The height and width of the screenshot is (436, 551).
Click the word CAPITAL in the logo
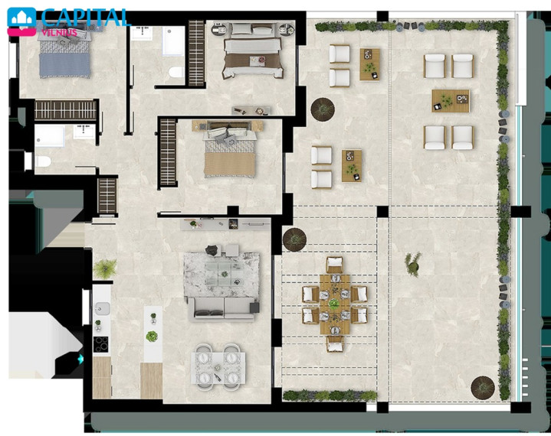pyautogui.click(x=86, y=18)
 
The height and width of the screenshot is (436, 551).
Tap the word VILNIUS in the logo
pyautogui.click(x=59, y=33)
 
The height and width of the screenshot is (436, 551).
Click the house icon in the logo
pyautogui.click(x=21, y=18)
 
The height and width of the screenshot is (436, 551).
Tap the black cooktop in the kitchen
pyautogui.click(x=101, y=344)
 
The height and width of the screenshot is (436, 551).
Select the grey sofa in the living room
pyautogui.click(x=223, y=309)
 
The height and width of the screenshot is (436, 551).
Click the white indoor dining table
pyautogui.click(x=218, y=368)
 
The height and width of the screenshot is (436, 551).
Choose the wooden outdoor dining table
pyautogui.click(x=335, y=304)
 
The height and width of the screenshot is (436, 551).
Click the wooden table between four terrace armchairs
pyautogui.click(x=451, y=101)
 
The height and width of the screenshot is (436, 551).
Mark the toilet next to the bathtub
pyautogui.click(x=176, y=72)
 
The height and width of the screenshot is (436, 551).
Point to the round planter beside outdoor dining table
pyautogui.click(x=294, y=239)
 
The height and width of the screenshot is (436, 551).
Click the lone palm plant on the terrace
pyautogui.click(x=413, y=264)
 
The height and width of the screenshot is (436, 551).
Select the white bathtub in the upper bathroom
pyautogui.click(x=173, y=41)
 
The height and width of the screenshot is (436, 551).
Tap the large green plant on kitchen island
pyautogui.click(x=152, y=337)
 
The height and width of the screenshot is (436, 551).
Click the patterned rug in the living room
pyautogui.click(x=221, y=275)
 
